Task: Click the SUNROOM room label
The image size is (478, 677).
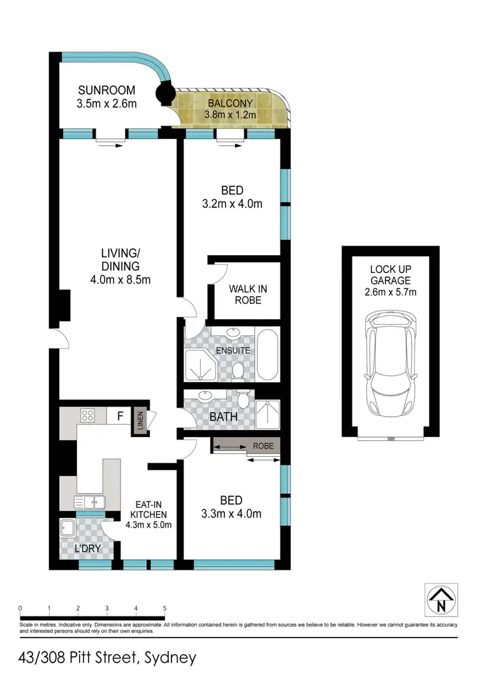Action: [x=106, y=89]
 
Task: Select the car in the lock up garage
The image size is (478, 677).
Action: [x=389, y=361]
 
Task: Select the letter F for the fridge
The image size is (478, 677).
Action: [x=119, y=417]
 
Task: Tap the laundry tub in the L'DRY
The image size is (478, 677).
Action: [x=68, y=528]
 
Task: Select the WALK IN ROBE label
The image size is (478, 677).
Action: [x=248, y=294]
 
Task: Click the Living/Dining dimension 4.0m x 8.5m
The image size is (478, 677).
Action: [x=120, y=279]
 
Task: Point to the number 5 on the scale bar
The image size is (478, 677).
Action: [x=164, y=607]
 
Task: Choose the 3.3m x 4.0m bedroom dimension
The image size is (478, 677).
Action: [x=232, y=513]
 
